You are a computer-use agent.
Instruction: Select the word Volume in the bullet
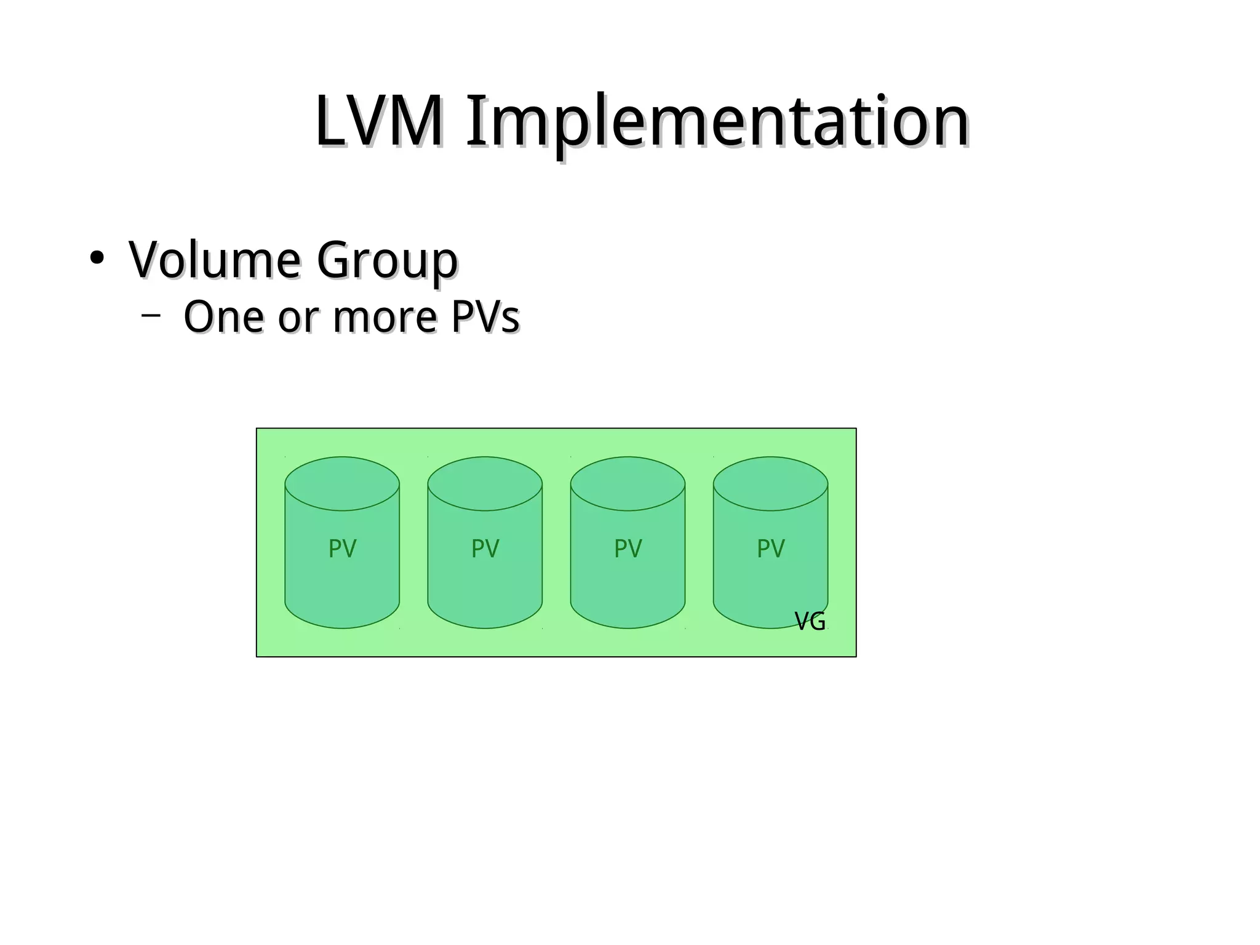pyautogui.click(x=215, y=259)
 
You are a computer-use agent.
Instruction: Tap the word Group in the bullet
pyautogui.click(x=387, y=260)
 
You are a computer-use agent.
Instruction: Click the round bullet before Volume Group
pyautogui.click(x=96, y=259)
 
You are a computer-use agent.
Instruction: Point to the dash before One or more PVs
pyautogui.click(x=151, y=316)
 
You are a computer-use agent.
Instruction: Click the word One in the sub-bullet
pyautogui.click(x=224, y=317)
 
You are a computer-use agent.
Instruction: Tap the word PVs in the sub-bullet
pyautogui.click(x=485, y=317)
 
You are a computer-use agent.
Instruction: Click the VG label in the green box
pyautogui.click(x=810, y=622)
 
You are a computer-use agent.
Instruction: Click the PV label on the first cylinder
pyautogui.click(x=342, y=549)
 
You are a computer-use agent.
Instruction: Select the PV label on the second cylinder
pyautogui.click(x=485, y=549)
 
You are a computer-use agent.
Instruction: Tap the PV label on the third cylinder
pyautogui.click(x=628, y=549)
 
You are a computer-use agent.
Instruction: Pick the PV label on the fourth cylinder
pyautogui.click(x=770, y=549)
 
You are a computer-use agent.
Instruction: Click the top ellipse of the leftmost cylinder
pyautogui.click(x=342, y=483)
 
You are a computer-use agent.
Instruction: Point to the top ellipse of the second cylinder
pyautogui.click(x=485, y=483)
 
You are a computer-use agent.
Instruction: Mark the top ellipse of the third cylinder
pyautogui.click(x=628, y=483)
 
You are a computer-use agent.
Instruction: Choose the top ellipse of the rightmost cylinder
pyautogui.click(x=770, y=483)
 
